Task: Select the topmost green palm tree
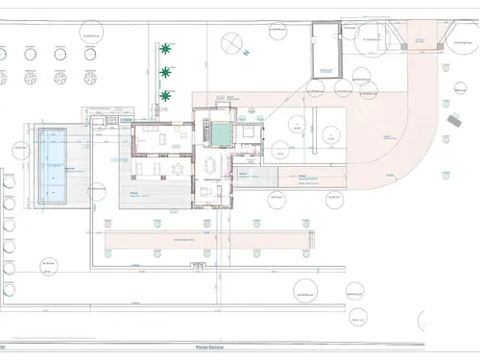[167, 47]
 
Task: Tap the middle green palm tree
[167, 71]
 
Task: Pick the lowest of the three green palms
[167, 95]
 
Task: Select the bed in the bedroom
[248, 133]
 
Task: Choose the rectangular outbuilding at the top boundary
[325, 50]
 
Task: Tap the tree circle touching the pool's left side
[21, 151]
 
